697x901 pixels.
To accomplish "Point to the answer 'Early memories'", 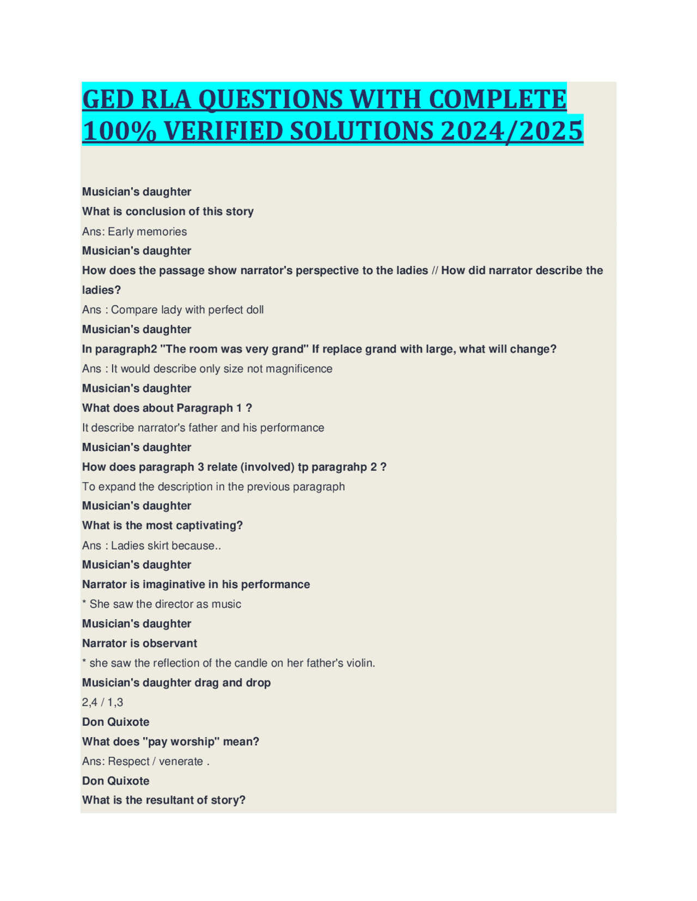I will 147,232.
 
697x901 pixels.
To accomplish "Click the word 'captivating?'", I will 209,526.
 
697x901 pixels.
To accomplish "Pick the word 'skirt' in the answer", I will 155,546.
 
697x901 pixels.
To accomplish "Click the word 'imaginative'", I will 174,584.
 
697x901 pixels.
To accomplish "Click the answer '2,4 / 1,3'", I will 102,702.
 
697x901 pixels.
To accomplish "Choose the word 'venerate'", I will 181,762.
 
